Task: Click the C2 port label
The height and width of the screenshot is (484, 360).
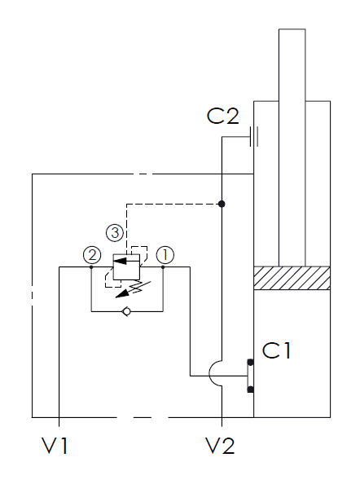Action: click(222, 116)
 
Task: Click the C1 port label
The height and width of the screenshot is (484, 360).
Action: click(276, 350)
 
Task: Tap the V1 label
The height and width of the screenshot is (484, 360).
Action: click(55, 446)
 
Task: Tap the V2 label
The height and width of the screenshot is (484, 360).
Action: click(220, 446)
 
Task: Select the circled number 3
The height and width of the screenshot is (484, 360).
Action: click(115, 232)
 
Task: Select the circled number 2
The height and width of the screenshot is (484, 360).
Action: click(92, 255)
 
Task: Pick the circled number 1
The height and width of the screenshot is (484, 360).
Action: click(165, 255)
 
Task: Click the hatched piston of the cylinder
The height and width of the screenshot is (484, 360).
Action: click(292, 278)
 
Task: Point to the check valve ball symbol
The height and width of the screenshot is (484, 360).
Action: click(127, 312)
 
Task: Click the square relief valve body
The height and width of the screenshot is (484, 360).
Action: click(126, 267)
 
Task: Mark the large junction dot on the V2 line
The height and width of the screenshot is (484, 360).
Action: click(222, 204)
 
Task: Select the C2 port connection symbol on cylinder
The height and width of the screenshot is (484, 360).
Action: click(254, 136)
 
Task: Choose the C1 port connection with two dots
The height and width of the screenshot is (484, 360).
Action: click(250, 376)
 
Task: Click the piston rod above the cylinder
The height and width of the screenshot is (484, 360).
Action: click(292, 147)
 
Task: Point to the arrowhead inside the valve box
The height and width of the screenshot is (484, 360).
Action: click(120, 261)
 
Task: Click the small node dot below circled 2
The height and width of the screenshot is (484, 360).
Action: click(91, 267)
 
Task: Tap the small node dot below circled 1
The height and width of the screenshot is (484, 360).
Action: click(163, 267)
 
